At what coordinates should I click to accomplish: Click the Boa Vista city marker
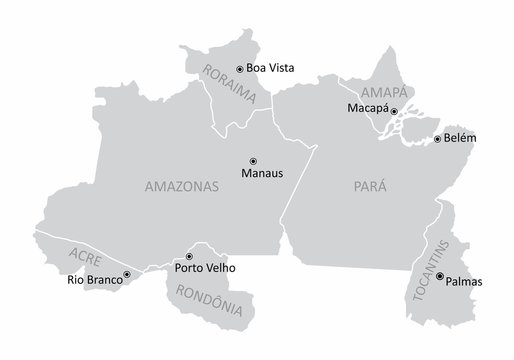coord(239,68)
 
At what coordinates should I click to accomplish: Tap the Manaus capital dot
coord(252,160)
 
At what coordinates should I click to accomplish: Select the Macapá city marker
coord(394,111)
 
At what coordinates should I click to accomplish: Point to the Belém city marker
coord(437,139)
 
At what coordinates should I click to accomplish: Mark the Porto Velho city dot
coord(190,256)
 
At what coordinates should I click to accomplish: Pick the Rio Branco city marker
coord(126,273)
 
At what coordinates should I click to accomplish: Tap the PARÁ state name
coord(370,187)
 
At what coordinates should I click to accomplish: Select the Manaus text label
coord(263,172)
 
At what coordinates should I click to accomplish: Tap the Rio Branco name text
coord(94,280)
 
